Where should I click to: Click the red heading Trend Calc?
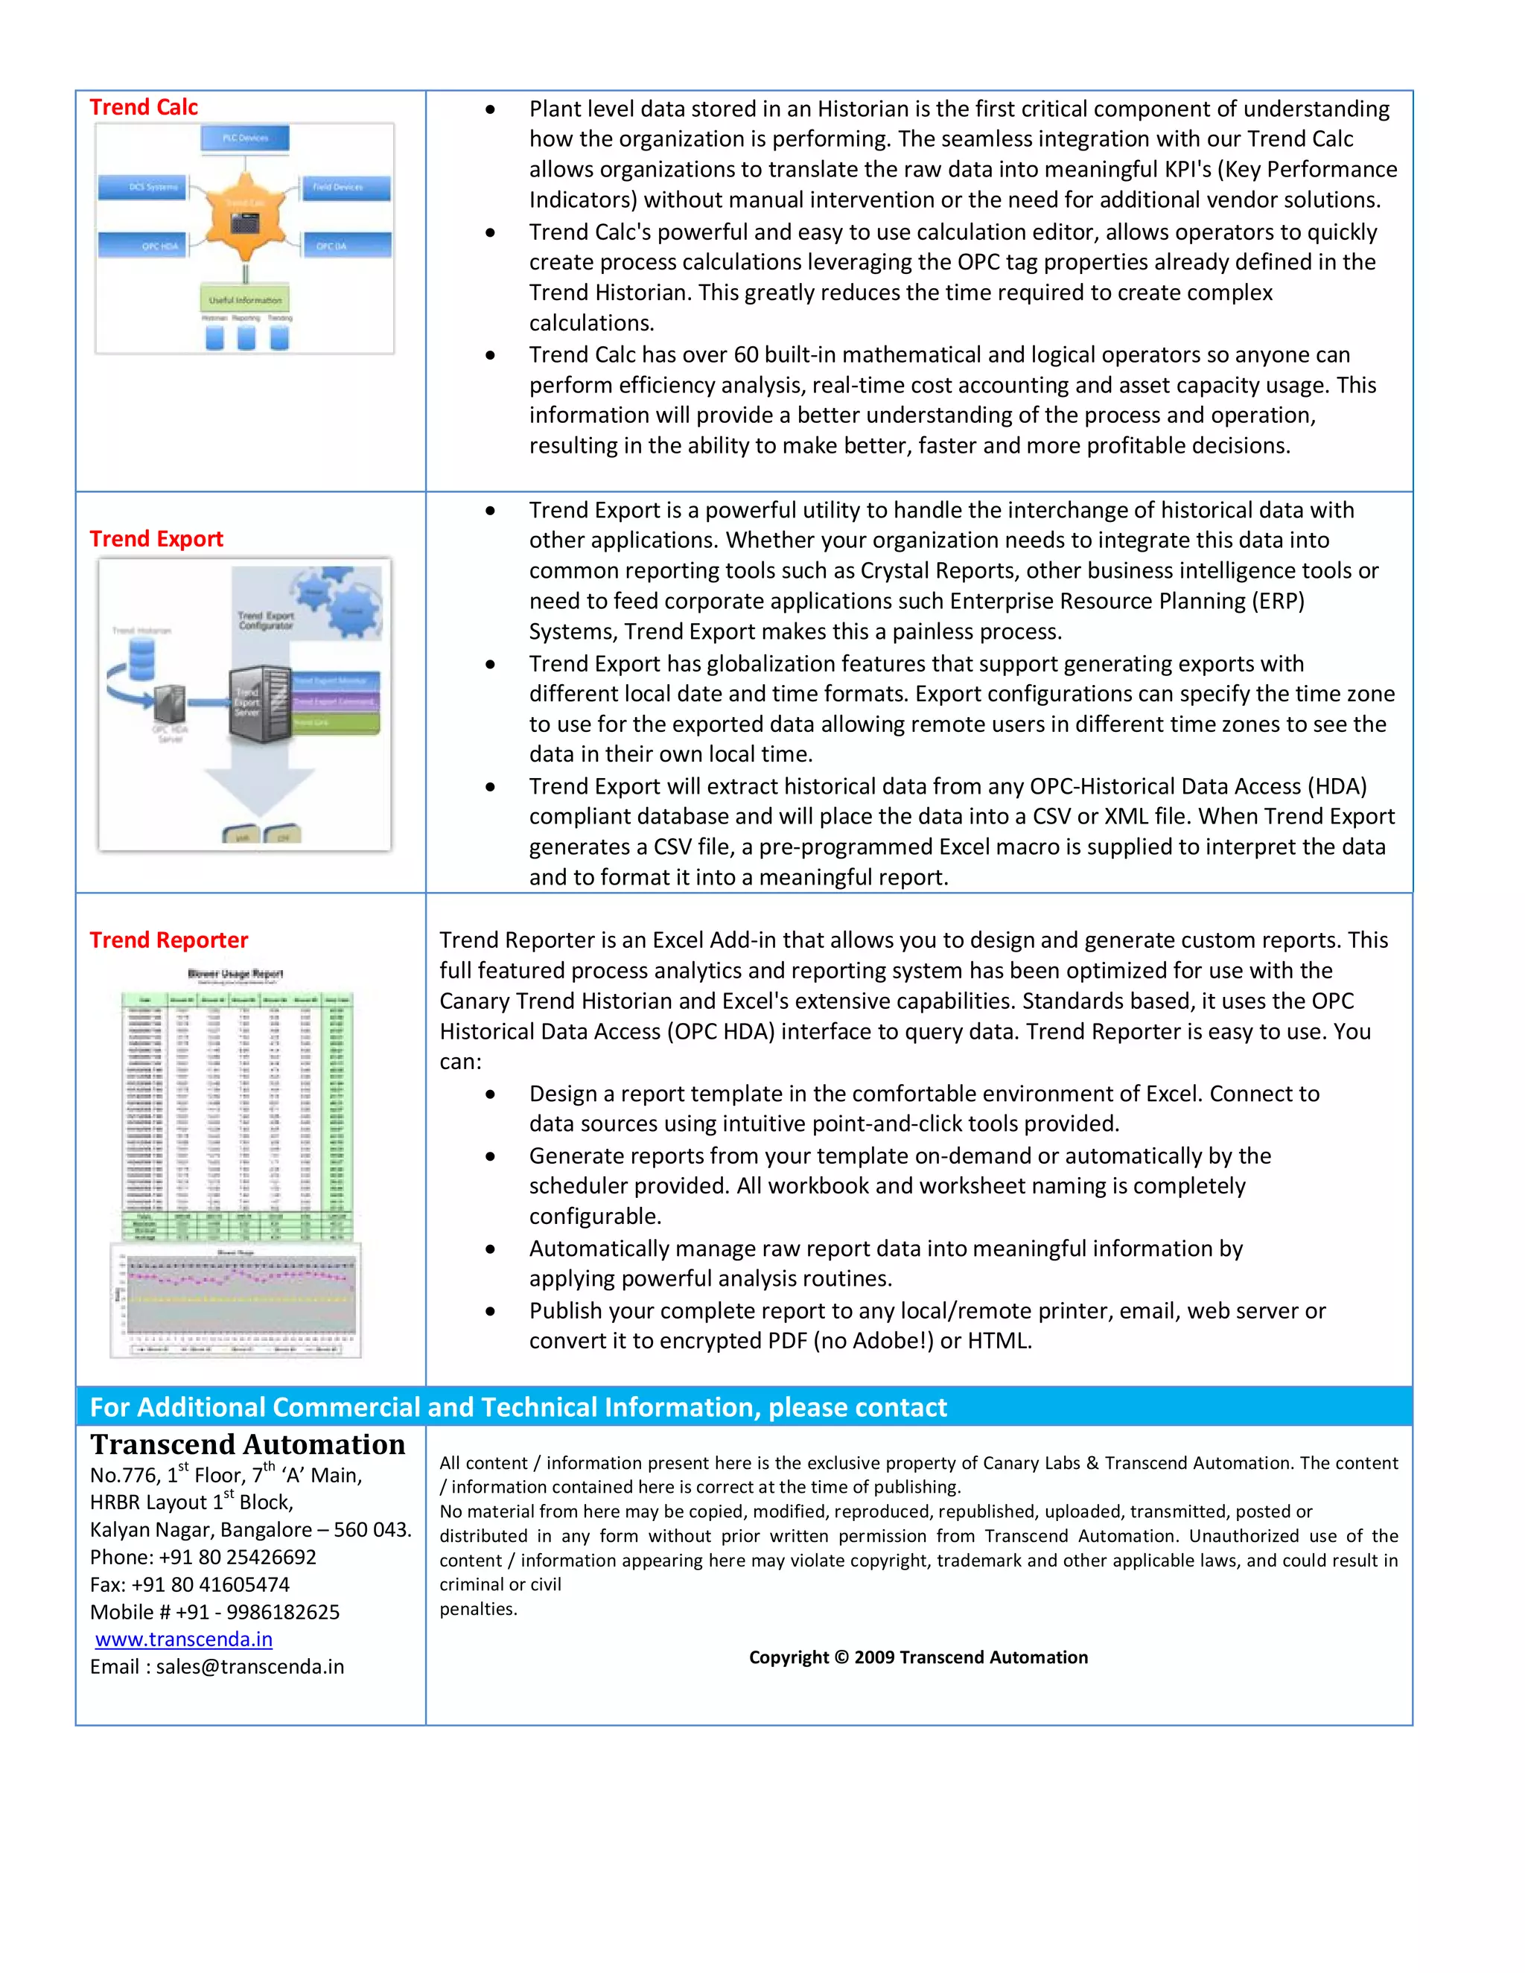click(x=144, y=107)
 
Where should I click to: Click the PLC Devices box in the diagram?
click(x=245, y=138)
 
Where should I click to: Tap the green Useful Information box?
click(x=245, y=299)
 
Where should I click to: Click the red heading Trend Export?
click(x=156, y=539)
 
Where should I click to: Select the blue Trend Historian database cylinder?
click(x=141, y=660)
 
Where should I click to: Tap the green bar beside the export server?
click(x=336, y=723)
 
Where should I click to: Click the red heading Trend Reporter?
click(x=169, y=940)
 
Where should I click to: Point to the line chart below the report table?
click(x=237, y=1299)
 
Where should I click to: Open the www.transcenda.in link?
click(x=183, y=1639)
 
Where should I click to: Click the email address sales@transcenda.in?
click(x=250, y=1667)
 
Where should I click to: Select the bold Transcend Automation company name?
click(x=247, y=1444)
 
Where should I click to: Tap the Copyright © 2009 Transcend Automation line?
click(x=918, y=1657)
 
